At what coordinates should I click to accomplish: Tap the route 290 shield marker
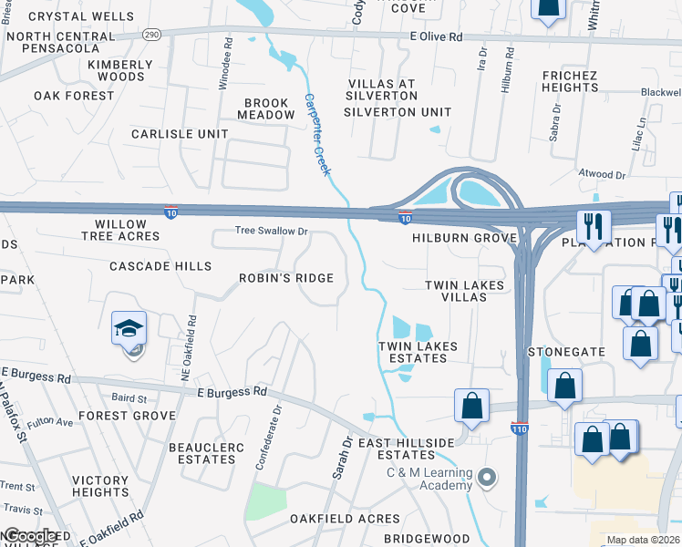[x=151, y=33]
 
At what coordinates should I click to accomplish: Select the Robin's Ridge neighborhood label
[x=286, y=278]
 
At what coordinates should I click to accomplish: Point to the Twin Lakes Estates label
[x=413, y=352]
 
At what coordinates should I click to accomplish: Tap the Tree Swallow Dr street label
[x=272, y=232]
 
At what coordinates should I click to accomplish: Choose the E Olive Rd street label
[x=436, y=36]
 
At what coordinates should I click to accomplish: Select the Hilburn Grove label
[x=464, y=238]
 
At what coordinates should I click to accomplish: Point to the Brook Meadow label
[x=266, y=109]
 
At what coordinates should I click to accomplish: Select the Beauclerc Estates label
[x=202, y=453]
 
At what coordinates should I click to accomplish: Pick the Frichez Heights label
[x=569, y=81]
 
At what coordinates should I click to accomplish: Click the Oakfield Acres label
[x=345, y=519]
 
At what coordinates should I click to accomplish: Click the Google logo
[x=29, y=537]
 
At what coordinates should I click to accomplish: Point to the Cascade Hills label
[x=160, y=266]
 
